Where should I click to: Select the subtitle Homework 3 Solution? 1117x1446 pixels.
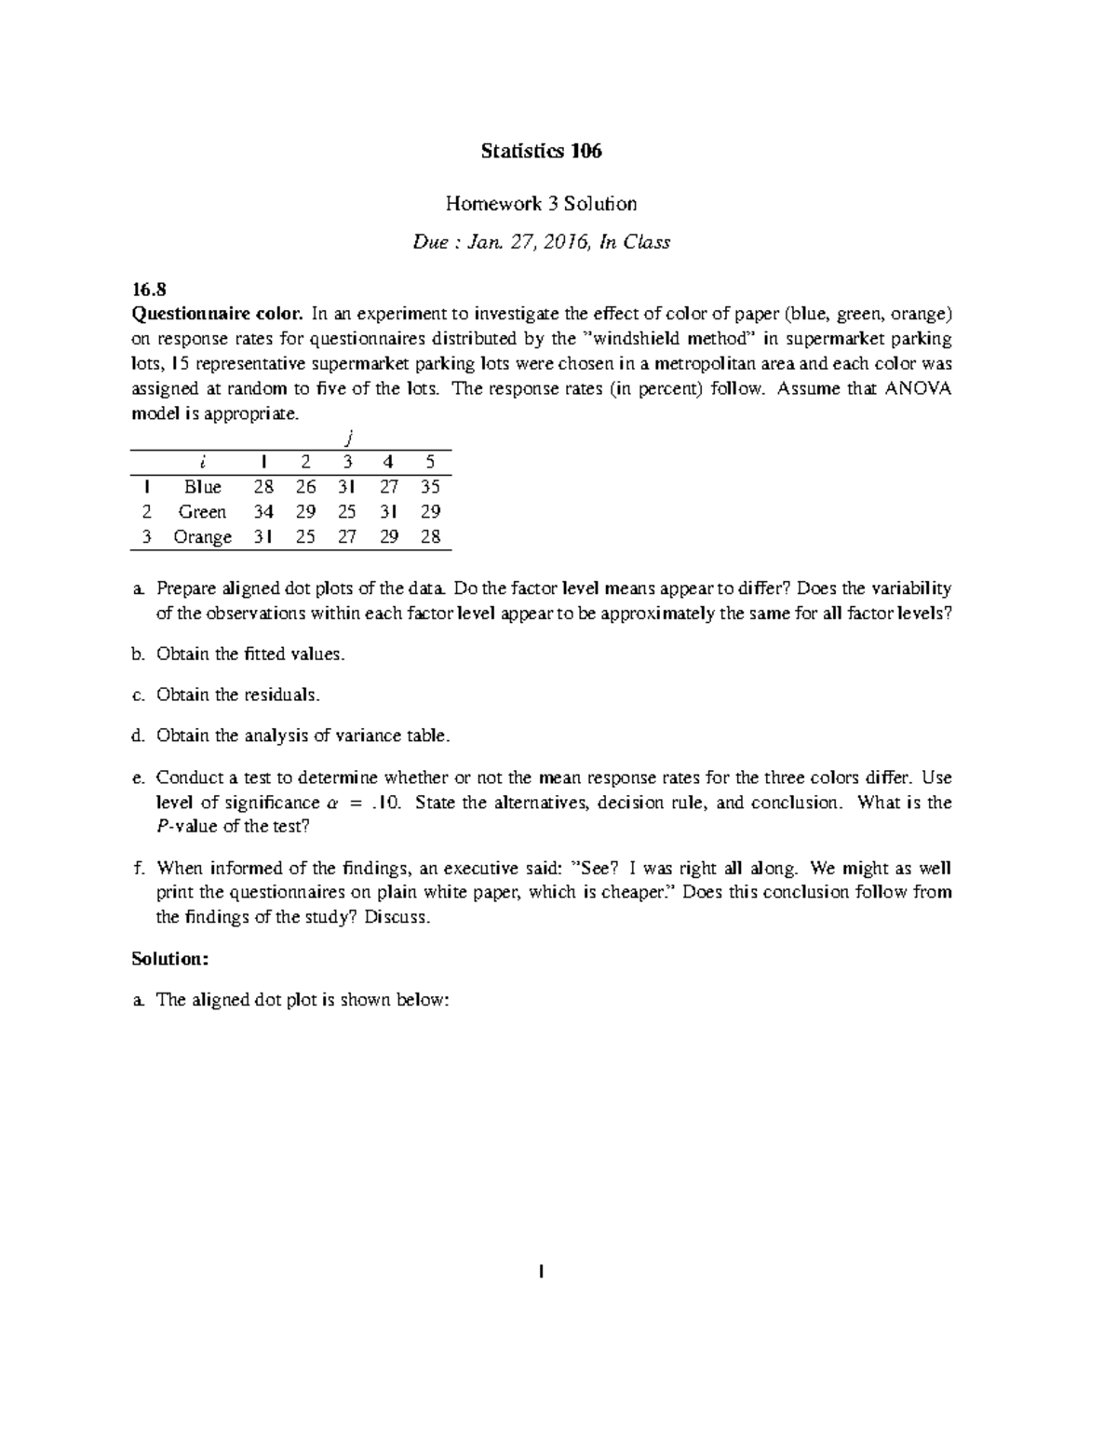[x=541, y=203]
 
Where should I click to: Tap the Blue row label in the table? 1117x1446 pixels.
[x=202, y=487]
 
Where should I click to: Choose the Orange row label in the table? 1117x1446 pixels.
[x=202, y=537]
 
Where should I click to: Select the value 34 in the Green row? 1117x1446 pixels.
[x=263, y=512]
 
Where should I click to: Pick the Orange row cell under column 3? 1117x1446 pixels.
[x=346, y=537]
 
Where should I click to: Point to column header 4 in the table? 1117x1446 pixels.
[x=388, y=462]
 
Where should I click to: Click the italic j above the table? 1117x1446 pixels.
[x=346, y=438]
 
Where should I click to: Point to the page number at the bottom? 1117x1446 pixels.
[x=541, y=1272]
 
